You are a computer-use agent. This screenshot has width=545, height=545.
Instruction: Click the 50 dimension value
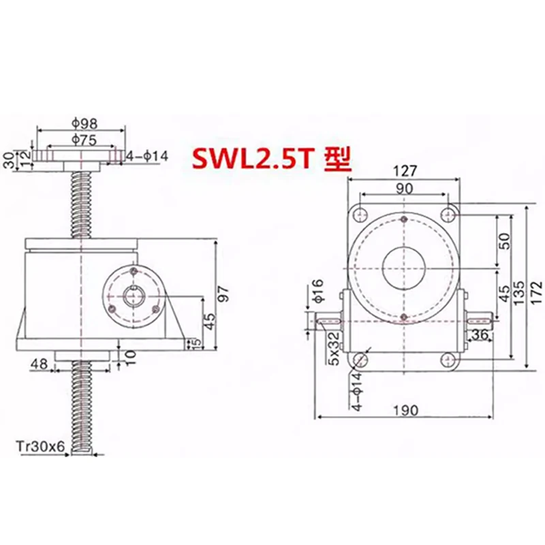point(504,240)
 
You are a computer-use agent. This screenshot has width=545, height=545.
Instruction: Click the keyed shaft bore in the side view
point(132,298)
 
